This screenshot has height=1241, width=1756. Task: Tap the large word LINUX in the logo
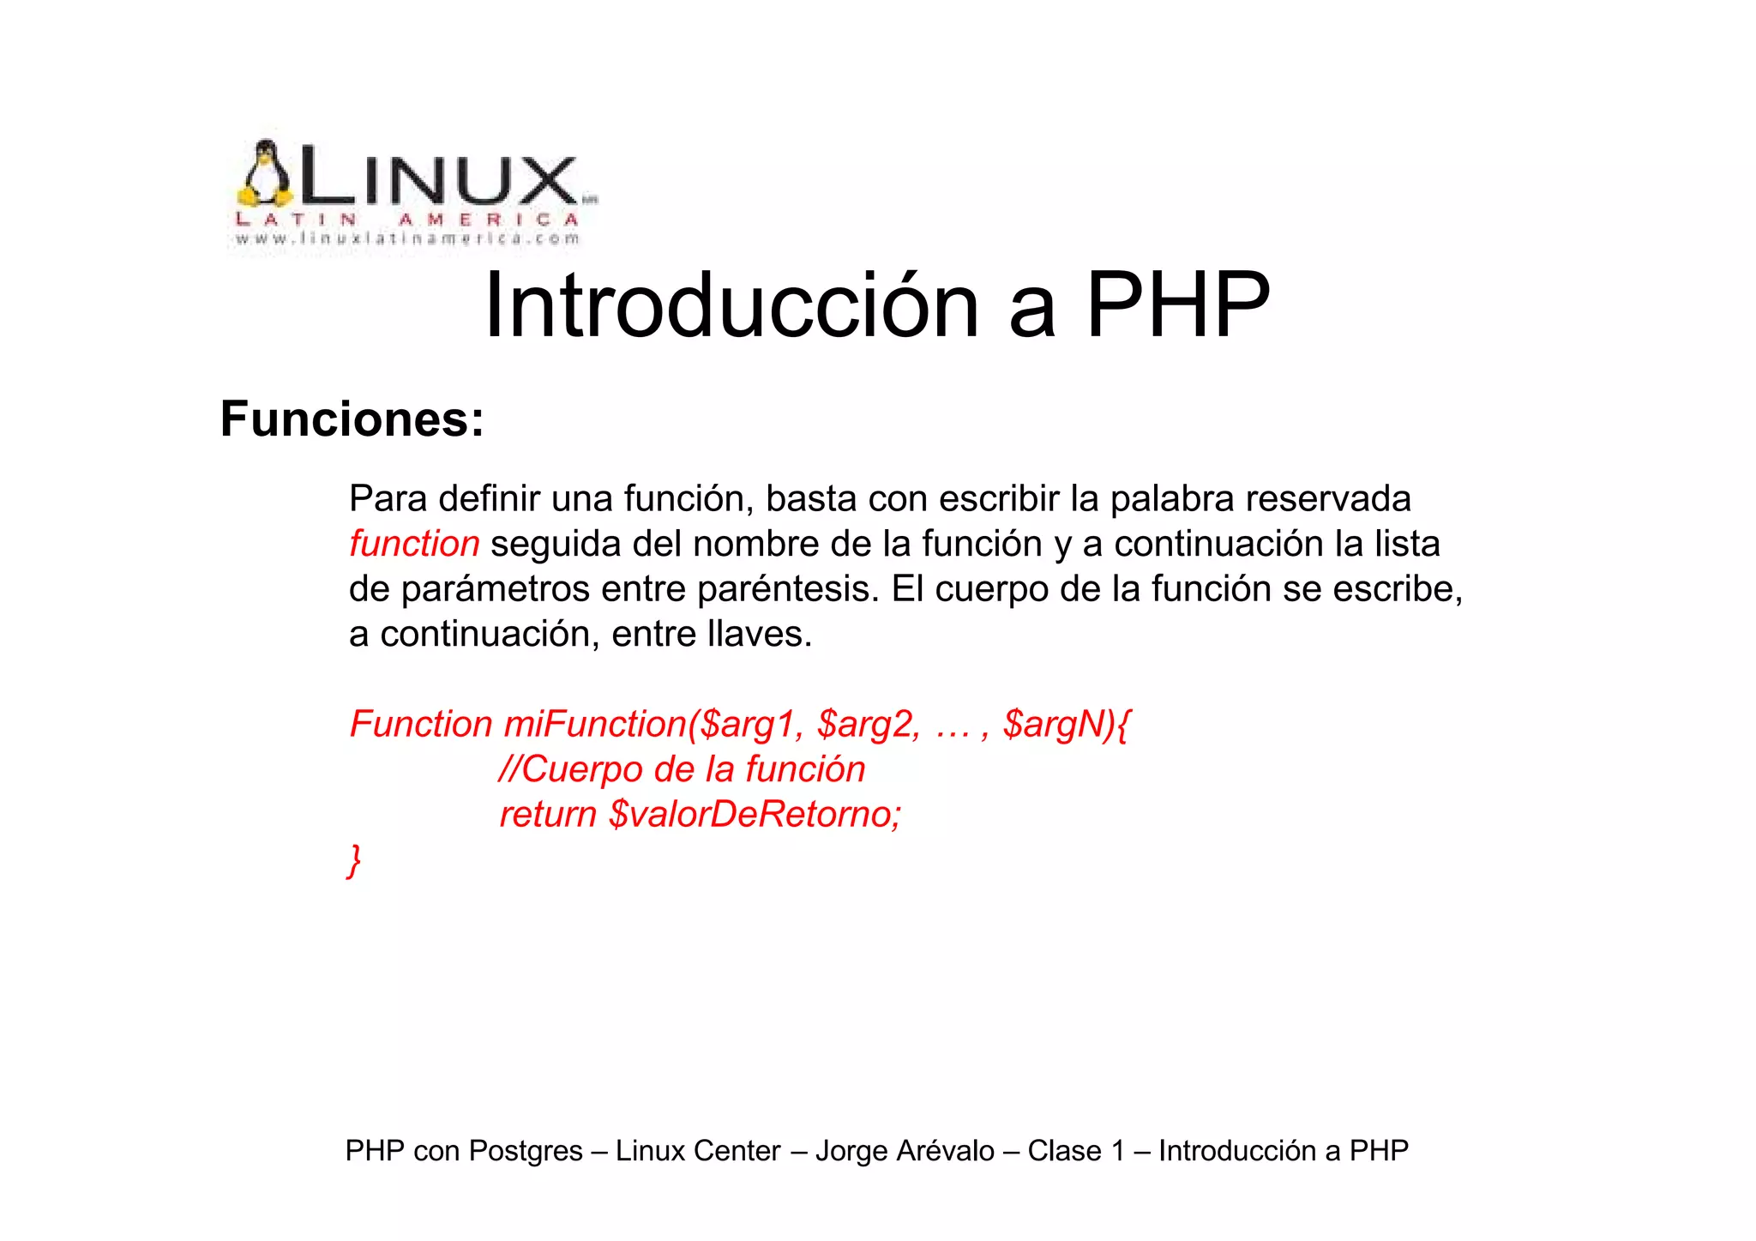(437, 178)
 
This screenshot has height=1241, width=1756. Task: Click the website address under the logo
(408, 239)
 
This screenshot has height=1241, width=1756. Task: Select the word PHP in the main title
(1177, 306)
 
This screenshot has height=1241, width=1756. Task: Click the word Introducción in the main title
(731, 306)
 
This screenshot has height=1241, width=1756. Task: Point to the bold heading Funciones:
(352, 419)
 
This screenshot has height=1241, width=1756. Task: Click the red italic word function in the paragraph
(414, 544)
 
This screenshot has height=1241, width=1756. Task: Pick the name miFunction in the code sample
(595, 724)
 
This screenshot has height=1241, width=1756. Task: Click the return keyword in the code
(547, 814)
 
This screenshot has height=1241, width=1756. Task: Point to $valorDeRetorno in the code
(755, 814)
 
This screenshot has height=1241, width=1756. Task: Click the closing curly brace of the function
(354, 859)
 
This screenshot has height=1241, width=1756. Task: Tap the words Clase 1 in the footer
(1075, 1151)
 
